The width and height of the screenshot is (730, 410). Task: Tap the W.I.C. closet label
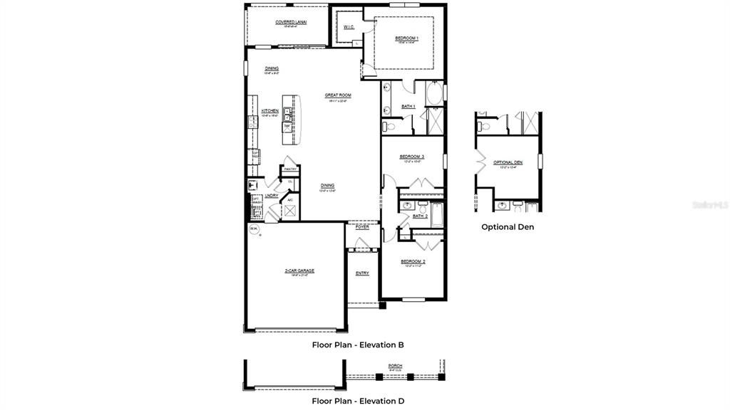(x=349, y=28)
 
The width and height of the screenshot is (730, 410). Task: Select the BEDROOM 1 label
(x=406, y=38)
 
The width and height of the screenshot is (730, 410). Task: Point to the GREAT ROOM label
(x=338, y=95)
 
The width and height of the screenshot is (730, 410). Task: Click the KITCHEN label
(x=269, y=111)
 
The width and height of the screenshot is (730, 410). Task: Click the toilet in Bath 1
(x=389, y=127)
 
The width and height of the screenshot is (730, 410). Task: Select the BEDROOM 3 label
(x=411, y=157)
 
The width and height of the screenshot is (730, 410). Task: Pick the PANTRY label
(x=290, y=169)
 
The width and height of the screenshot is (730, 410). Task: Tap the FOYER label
(x=363, y=228)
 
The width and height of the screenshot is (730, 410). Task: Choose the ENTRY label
(x=362, y=273)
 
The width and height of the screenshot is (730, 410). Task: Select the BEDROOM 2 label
(x=413, y=261)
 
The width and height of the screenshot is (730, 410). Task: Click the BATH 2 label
(x=420, y=216)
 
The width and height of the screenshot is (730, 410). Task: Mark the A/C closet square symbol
(x=290, y=210)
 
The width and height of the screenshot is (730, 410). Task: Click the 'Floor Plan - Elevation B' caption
(x=358, y=345)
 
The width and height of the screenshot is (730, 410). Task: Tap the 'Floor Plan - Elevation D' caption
(x=358, y=401)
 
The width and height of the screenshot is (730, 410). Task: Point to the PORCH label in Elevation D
(x=395, y=366)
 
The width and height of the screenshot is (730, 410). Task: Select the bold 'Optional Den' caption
(x=507, y=227)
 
